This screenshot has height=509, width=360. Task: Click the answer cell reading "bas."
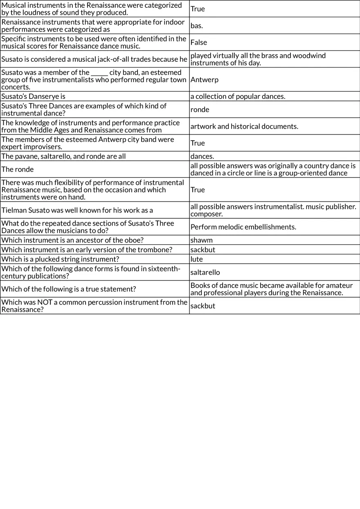[197, 26]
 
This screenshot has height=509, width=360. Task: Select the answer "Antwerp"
[205, 80]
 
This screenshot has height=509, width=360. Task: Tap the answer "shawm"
[202, 240]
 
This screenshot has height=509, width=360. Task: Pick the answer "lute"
[197, 259]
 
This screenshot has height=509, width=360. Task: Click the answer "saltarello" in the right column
[205, 272]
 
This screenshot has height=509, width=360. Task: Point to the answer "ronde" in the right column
[200, 110]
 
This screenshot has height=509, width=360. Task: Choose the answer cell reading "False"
[199, 43]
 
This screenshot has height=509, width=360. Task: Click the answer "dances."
[202, 156]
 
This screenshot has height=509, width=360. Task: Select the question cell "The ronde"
[18, 169]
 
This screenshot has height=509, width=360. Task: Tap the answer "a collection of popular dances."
[238, 96]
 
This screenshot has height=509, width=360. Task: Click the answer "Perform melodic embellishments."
[243, 227]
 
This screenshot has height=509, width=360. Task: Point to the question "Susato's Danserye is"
[34, 96]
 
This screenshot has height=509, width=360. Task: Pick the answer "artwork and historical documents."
[244, 126]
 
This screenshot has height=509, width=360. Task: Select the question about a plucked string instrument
[60, 259]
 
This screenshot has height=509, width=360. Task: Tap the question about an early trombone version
[87, 249]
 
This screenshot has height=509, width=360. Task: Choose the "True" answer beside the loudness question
[198, 9]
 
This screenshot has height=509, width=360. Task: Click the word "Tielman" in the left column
[13, 210]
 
